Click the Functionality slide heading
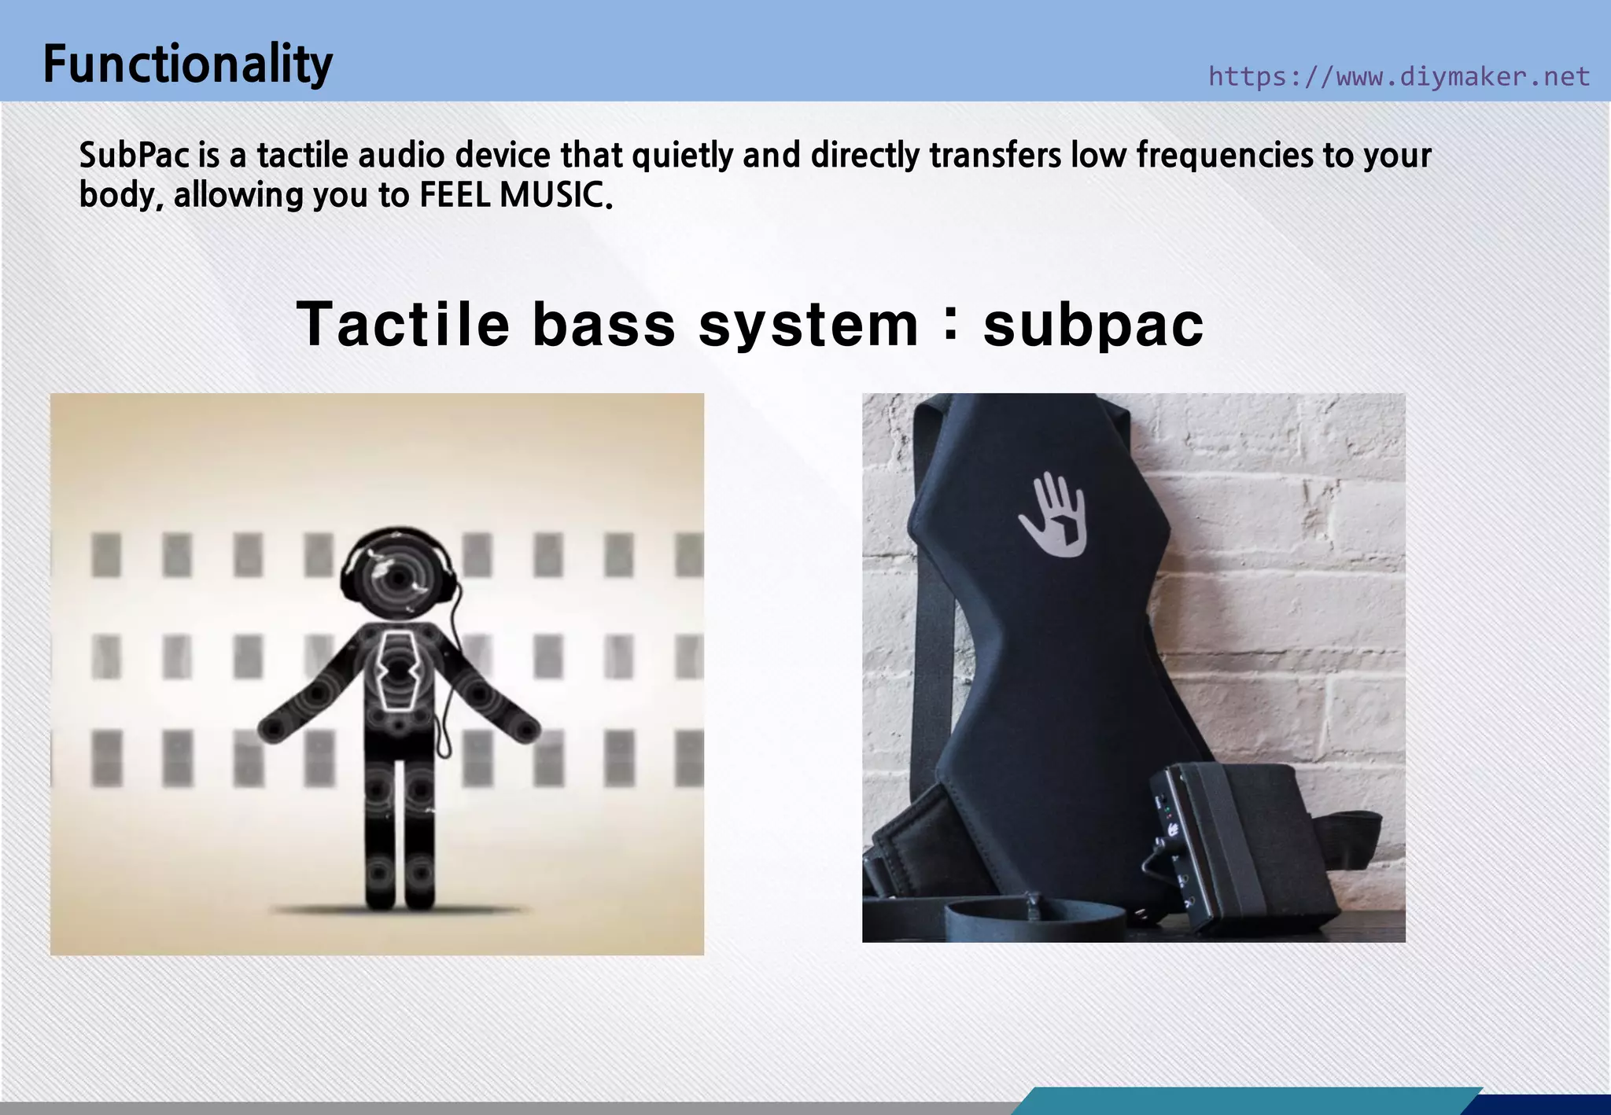tap(187, 64)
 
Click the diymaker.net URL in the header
tap(1399, 76)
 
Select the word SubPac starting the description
tap(135, 156)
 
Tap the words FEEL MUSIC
tap(514, 195)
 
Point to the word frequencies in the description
tap(1225, 156)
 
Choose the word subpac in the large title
tap(1093, 324)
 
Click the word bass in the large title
tap(603, 324)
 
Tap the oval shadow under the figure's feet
tap(397, 911)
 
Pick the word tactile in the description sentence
tap(302, 156)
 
